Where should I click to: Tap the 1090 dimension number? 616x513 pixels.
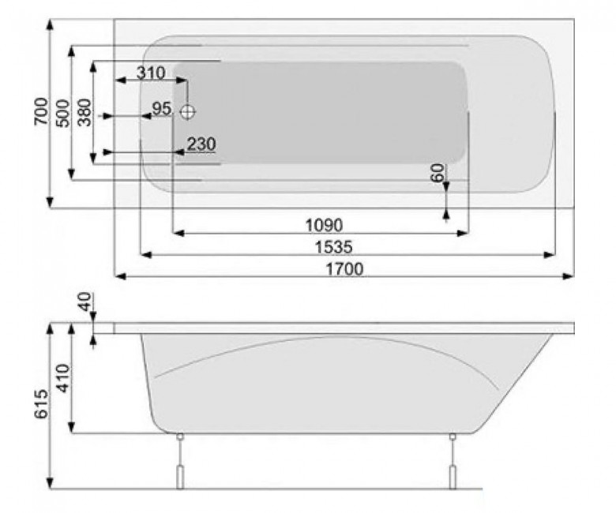[x=324, y=225]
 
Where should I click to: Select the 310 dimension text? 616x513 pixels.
[x=150, y=73]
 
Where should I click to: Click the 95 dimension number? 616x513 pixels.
[x=161, y=108]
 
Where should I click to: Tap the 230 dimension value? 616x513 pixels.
[x=201, y=144]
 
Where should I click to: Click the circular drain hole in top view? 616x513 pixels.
[x=187, y=112]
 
